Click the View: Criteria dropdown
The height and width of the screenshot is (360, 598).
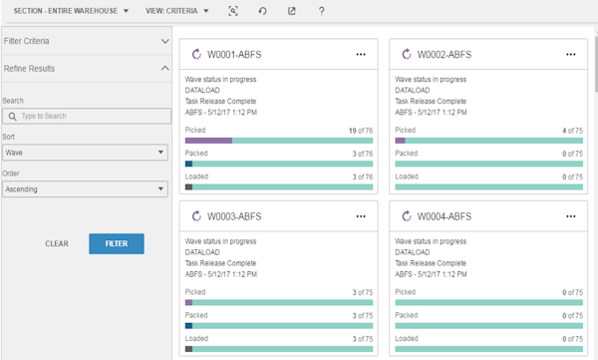(177, 10)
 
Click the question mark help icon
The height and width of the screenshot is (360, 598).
(321, 10)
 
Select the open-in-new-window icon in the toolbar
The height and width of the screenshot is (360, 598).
(292, 10)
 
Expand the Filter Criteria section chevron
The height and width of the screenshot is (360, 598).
(165, 41)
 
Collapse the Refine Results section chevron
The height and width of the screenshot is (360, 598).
(165, 68)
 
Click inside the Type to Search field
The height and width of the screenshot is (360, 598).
(85, 117)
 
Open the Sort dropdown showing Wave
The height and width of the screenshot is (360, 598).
(84, 153)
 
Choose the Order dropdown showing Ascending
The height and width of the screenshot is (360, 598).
(84, 188)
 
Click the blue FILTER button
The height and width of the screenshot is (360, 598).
(116, 242)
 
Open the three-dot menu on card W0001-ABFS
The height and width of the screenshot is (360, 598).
(361, 55)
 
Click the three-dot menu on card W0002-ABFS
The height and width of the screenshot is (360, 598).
(570, 55)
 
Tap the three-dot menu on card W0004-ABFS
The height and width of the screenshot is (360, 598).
(570, 216)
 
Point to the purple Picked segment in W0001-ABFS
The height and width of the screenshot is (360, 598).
(208, 141)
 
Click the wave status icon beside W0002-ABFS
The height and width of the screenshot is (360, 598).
(406, 55)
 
